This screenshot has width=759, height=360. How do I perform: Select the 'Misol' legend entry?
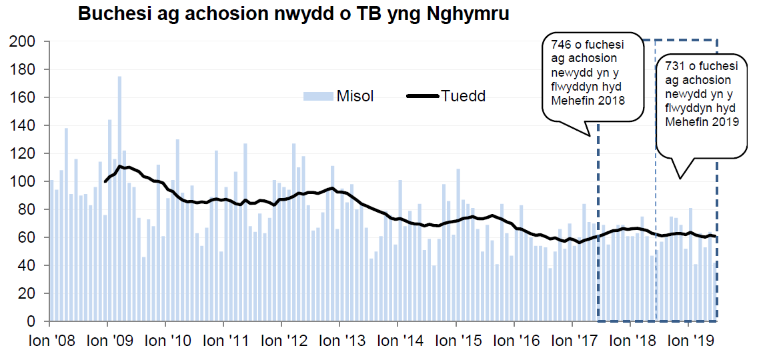[338, 95]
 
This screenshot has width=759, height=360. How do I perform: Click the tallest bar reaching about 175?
[119, 200]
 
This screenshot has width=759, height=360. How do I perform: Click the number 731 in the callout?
[674, 67]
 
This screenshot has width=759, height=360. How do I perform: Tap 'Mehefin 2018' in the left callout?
[588, 101]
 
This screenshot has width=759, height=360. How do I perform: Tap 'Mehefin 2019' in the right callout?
[701, 123]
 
